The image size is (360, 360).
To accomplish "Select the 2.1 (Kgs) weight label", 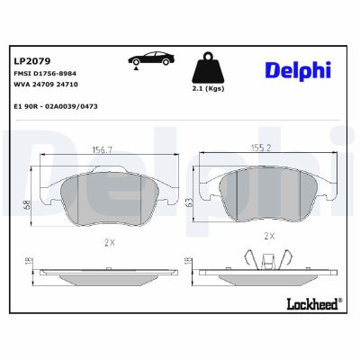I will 208,90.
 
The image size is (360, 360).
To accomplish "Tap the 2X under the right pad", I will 267,236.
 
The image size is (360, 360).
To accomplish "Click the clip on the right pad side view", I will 267,261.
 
